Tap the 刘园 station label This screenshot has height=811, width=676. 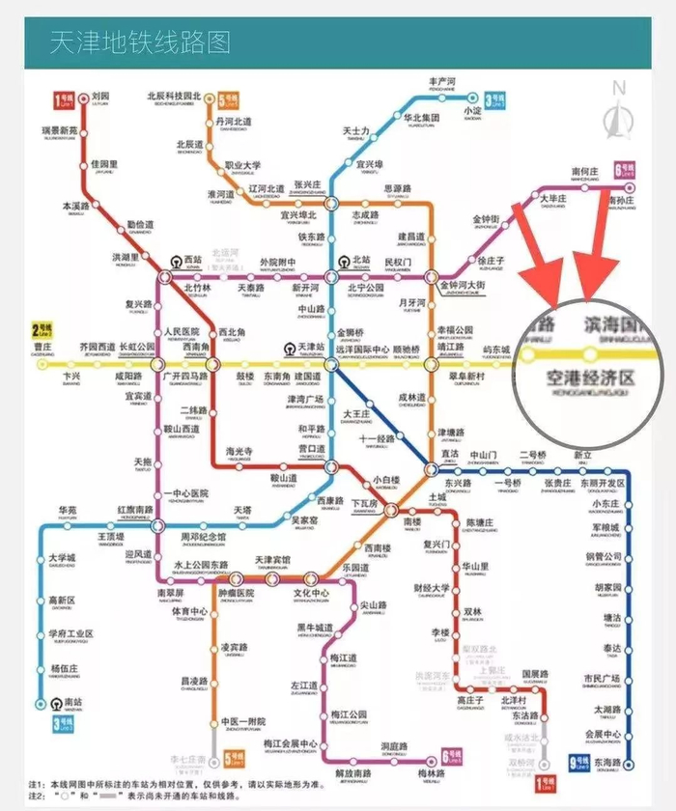point(100,97)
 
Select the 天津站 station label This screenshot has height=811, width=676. point(310,347)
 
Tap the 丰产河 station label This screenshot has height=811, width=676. point(441,83)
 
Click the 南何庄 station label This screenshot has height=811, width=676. point(586,170)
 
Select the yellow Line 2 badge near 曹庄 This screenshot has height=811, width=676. point(42,328)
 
